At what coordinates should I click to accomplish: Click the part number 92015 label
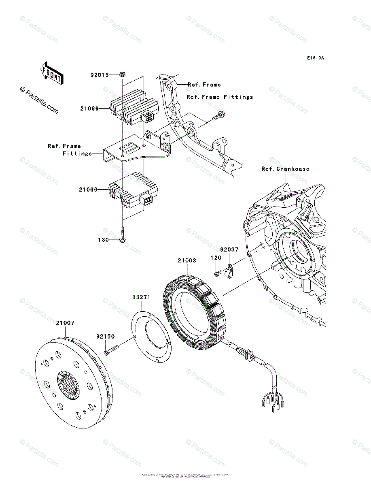click(99, 75)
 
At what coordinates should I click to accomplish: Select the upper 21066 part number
click(89, 109)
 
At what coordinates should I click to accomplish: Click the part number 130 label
click(104, 240)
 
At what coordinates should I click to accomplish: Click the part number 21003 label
click(187, 260)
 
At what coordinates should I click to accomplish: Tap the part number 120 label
click(216, 258)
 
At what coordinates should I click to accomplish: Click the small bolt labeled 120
click(217, 274)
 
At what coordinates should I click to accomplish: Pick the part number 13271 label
click(141, 297)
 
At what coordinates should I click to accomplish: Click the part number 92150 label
click(105, 337)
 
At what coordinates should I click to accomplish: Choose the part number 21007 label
click(65, 323)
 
